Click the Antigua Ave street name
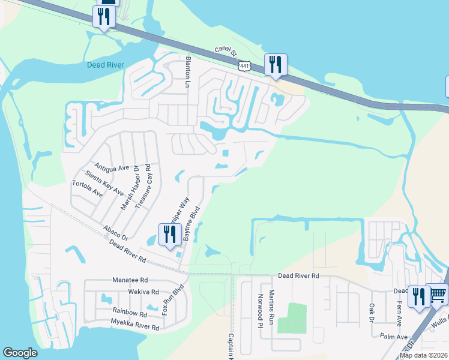click(112, 167)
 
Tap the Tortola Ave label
click(88, 189)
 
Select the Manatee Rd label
click(130, 280)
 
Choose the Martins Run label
click(272, 304)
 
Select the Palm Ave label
click(393, 337)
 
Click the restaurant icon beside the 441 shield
click(276, 64)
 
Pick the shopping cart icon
click(438, 294)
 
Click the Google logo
click(20, 353)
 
